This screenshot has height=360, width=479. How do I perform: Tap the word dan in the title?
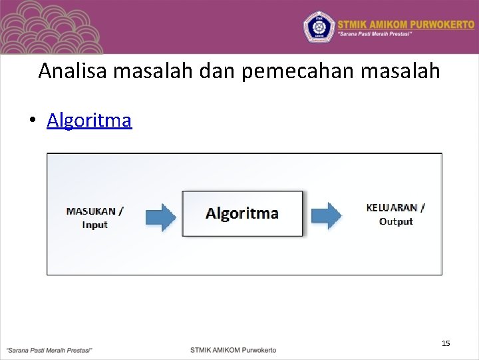click(x=218, y=71)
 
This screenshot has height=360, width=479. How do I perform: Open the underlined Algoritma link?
click(x=89, y=121)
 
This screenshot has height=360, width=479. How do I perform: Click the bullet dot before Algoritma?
click(x=31, y=121)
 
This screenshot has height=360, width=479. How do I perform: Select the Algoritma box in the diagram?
click(x=242, y=213)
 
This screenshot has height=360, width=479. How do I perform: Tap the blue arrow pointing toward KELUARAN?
click(x=326, y=215)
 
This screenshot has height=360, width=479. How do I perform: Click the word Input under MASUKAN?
click(x=94, y=225)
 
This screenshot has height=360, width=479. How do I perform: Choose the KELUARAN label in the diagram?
click(x=395, y=207)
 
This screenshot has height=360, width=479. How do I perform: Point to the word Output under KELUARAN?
click(x=395, y=221)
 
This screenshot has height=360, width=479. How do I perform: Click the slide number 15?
click(x=446, y=343)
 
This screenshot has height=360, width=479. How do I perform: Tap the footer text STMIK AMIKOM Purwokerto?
click(x=233, y=350)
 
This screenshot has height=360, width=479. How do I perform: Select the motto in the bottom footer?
click(x=49, y=350)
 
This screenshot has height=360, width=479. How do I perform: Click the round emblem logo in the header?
click(x=319, y=27)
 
